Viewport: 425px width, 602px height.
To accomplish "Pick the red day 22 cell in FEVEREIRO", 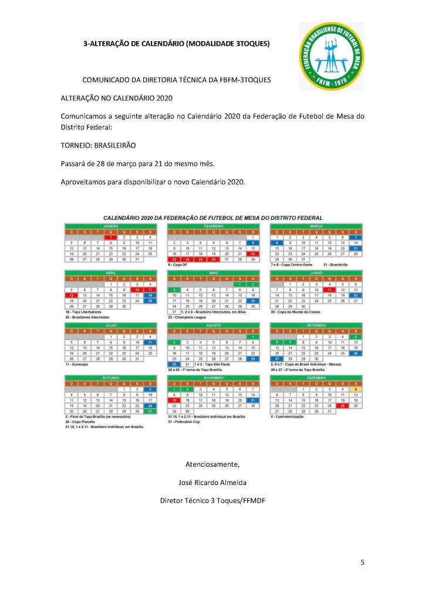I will click(252, 253).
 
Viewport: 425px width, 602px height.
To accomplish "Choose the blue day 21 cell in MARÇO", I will click(355, 248).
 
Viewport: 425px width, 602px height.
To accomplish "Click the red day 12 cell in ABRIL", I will click(72, 295).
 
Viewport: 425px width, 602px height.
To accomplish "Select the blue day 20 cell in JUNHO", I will click(355, 295).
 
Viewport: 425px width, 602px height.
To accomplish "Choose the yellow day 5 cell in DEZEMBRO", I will click(355, 389).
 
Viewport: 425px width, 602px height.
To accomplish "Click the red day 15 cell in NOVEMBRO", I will click(174, 400).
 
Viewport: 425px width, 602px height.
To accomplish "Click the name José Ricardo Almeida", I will click(212, 483).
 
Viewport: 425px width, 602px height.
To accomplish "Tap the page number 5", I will click(362, 563).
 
